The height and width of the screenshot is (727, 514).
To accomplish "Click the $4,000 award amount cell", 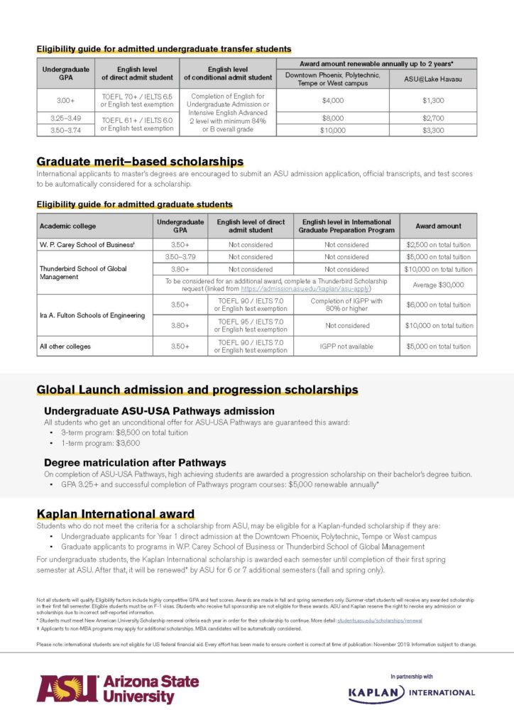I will point(333,100).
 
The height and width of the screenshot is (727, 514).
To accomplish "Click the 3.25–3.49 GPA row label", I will point(65,118).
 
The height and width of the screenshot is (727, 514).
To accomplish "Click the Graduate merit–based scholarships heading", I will point(140,162).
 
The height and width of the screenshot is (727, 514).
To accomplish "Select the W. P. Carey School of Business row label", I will point(84,244).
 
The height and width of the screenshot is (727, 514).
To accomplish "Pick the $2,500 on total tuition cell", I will point(438,244).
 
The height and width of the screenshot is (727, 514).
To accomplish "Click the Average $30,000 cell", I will point(438,285).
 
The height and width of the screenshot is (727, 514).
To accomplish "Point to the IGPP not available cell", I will point(346,346).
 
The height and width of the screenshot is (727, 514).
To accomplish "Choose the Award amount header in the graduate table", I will point(438,226).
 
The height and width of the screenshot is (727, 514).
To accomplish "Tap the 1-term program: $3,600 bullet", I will point(100,442).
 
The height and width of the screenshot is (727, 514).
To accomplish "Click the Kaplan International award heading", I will point(116,514).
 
